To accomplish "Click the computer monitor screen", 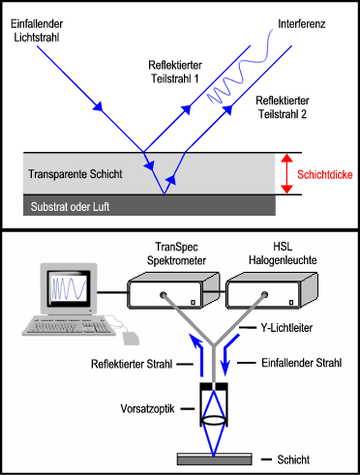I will (69, 288).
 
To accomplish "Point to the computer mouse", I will (132, 337).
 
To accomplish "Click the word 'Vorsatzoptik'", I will (146, 406).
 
